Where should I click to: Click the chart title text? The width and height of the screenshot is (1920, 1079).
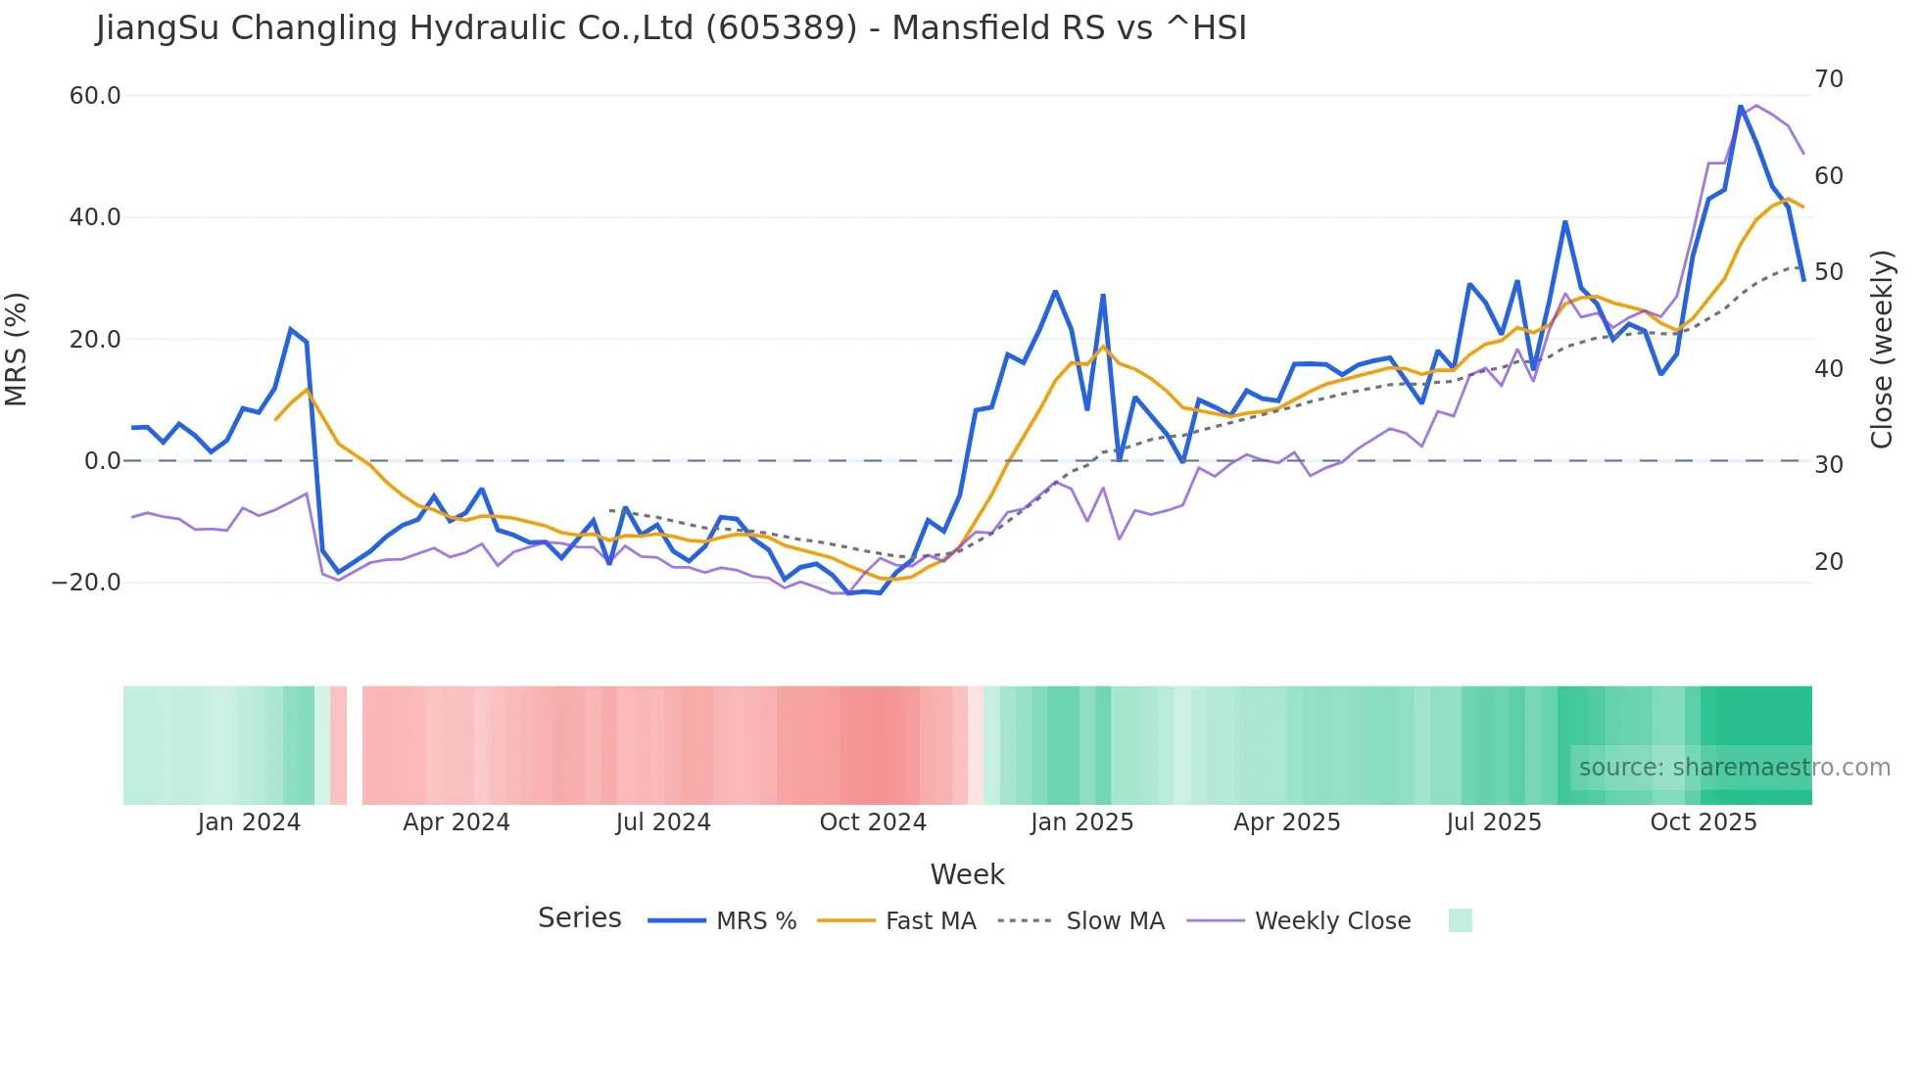(x=671, y=28)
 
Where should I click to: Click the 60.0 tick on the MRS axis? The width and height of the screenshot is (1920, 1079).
(x=95, y=96)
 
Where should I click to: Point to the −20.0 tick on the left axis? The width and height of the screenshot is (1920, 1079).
(x=86, y=583)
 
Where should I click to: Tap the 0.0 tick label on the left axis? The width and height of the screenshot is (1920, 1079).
(x=103, y=461)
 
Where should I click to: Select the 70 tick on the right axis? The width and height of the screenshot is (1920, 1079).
(x=1829, y=79)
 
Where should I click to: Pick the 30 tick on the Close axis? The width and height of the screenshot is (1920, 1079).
(x=1829, y=465)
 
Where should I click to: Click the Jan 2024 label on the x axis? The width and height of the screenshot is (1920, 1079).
(x=249, y=822)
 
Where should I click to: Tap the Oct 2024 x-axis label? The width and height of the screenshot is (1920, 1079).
(x=873, y=822)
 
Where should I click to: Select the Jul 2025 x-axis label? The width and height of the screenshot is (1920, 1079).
(x=1494, y=822)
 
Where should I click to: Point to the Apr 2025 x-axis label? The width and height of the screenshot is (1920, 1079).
(x=1287, y=822)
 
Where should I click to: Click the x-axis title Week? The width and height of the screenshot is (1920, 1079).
(x=967, y=874)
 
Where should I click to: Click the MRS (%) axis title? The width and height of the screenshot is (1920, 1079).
(x=17, y=349)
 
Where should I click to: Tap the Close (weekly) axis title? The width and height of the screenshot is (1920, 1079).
(x=1882, y=349)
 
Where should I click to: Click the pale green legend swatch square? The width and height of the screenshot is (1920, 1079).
(x=1461, y=920)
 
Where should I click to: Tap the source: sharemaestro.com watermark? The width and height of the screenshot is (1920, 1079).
(x=1734, y=768)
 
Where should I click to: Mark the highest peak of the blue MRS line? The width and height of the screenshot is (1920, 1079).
(x=1741, y=107)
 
